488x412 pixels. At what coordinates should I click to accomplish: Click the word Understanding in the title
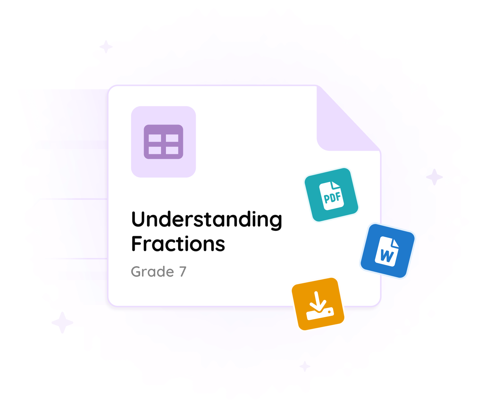[207, 220]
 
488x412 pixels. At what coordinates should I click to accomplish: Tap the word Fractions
[178, 244]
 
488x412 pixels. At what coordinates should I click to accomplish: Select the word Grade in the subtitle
[153, 272]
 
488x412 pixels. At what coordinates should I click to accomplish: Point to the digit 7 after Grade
[183, 272]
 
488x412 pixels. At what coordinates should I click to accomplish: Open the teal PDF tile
[332, 195]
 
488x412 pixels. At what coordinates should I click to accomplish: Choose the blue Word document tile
[388, 251]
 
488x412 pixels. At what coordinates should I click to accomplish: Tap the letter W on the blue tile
[387, 256]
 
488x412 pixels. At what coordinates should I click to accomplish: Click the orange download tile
[318, 304]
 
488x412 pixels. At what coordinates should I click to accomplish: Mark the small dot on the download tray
[329, 312]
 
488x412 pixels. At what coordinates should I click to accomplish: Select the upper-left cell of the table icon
[155, 138]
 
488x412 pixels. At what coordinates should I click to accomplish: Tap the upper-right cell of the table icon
[172, 138]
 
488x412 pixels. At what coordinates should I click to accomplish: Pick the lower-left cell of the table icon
[155, 150]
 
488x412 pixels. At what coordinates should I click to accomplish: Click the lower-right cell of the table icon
[172, 150]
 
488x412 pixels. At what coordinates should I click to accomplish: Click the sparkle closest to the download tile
[305, 366]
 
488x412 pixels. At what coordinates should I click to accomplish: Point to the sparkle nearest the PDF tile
[434, 177]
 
